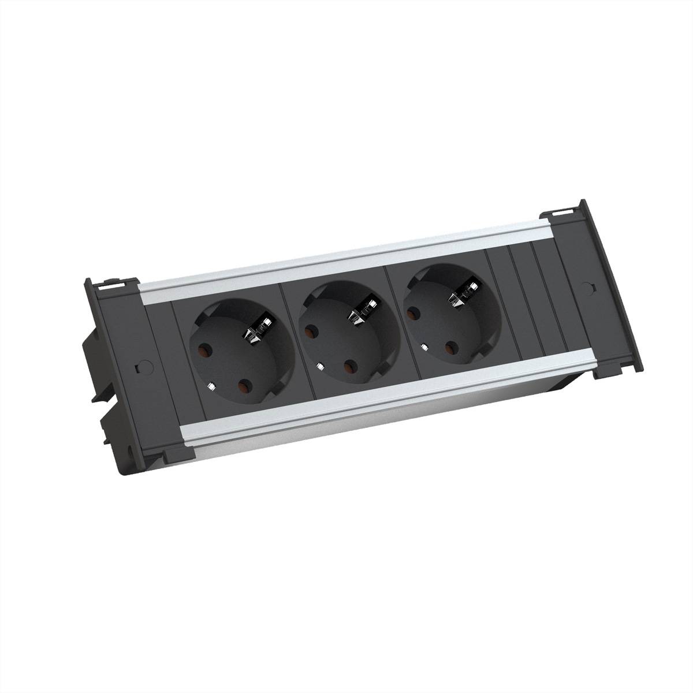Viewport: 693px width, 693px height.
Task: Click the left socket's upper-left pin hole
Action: click(x=203, y=349)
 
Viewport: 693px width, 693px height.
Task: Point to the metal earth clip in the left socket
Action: click(x=254, y=333)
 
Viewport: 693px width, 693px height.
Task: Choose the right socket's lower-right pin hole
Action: click(x=450, y=348)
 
